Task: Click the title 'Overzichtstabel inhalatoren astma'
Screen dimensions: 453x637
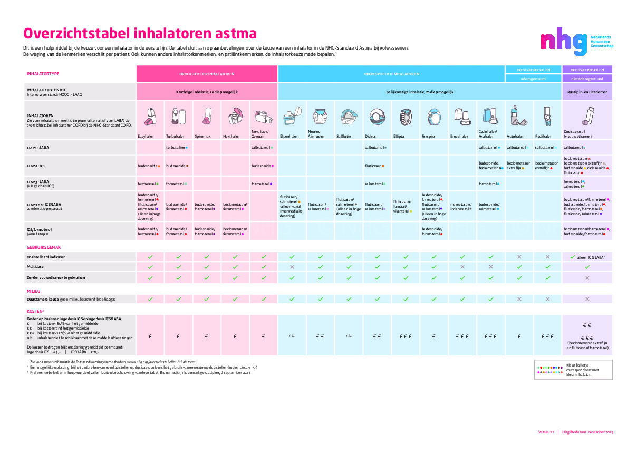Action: pyautogui.click(x=140, y=34)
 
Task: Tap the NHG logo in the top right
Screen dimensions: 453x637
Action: pyautogui.click(x=576, y=42)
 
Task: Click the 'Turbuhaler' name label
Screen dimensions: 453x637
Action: pyautogui.click(x=175, y=136)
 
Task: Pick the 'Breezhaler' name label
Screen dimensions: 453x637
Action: pyautogui.click(x=459, y=136)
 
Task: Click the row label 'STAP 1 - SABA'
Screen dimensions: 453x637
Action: pyautogui.click(x=38, y=148)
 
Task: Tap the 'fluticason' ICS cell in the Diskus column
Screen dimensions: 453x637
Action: pyautogui.click(x=374, y=166)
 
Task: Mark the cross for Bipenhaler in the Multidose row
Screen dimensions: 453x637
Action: pyautogui.click(x=292, y=267)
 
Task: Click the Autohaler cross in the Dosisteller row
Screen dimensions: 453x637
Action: pyautogui.click(x=519, y=257)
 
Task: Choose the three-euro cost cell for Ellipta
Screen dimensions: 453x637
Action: pyautogui.click(x=405, y=336)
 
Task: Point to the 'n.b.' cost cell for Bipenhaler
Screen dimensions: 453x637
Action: pyautogui.click(x=292, y=336)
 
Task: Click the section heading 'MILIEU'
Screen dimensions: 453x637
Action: pyautogui.click(x=34, y=291)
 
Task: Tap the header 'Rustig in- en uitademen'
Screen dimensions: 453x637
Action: pyautogui.click(x=587, y=92)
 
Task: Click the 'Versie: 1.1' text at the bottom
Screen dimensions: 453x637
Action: pyautogui.click(x=546, y=432)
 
